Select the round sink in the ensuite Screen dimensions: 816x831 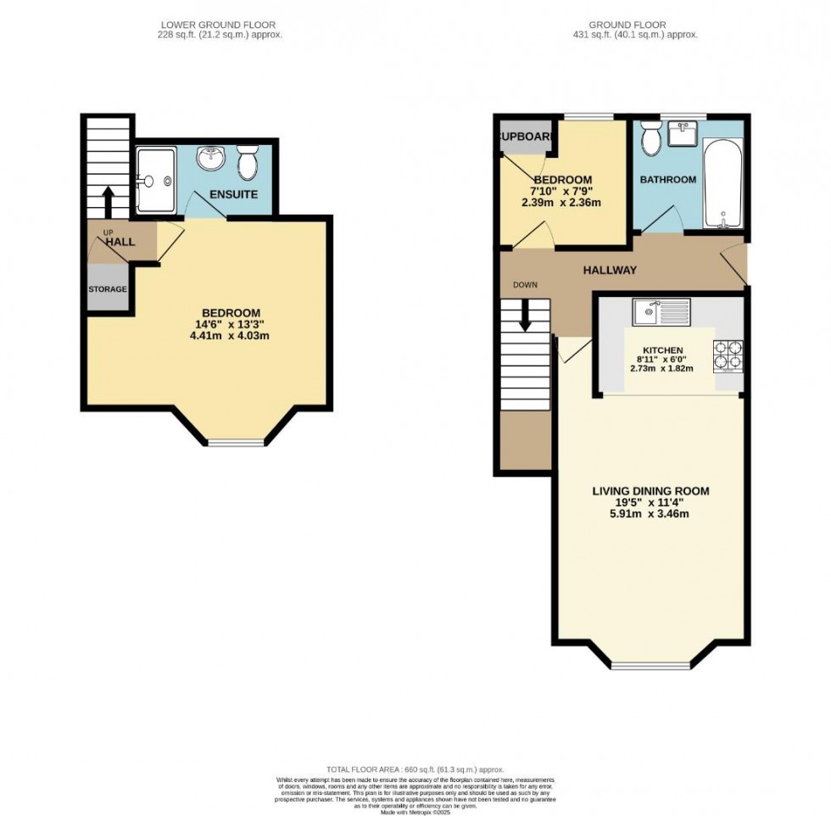(209, 158)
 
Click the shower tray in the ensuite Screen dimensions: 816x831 (155, 179)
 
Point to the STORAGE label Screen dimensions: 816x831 (108, 289)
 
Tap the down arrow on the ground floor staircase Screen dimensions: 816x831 (525, 316)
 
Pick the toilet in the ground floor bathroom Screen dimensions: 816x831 (651, 137)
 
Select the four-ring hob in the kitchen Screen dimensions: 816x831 (728, 356)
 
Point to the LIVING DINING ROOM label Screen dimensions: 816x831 (650, 491)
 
